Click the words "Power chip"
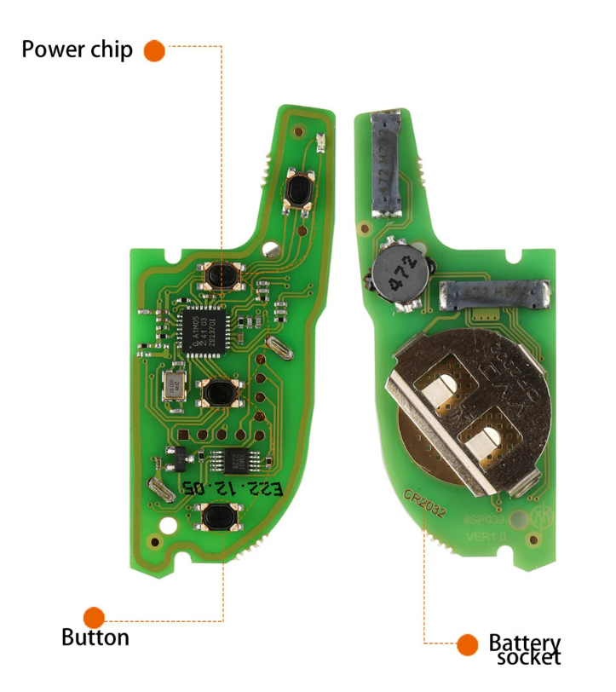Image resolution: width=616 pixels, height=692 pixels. (77, 49)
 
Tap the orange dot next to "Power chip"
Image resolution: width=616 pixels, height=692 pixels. (154, 50)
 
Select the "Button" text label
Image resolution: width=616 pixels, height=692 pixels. (95, 637)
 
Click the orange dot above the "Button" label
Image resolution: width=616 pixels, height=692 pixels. (95, 617)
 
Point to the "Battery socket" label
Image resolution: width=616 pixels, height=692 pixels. (525, 649)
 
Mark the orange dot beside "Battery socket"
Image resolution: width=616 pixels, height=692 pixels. (467, 644)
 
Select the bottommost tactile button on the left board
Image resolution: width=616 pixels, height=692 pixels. (220, 516)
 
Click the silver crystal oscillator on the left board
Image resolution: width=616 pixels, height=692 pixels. (173, 386)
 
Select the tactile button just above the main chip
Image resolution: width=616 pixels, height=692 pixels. (221, 276)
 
